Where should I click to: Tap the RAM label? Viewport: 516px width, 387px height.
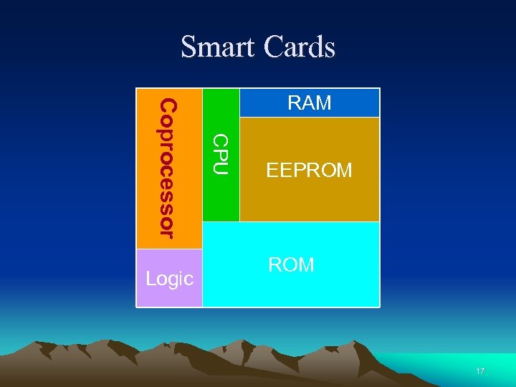click(x=309, y=103)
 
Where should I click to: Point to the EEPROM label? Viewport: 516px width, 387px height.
click(x=309, y=171)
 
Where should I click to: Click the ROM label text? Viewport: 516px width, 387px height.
click(x=291, y=264)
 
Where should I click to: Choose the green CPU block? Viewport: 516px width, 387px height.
click(x=221, y=201)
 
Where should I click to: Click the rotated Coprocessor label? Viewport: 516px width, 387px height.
click(x=167, y=168)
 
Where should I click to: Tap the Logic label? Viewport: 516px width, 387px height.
click(x=169, y=279)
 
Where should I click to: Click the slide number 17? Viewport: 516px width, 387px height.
click(x=480, y=371)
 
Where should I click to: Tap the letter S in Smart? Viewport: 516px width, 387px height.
click(x=188, y=47)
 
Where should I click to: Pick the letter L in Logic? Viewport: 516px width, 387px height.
click(x=150, y=278)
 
